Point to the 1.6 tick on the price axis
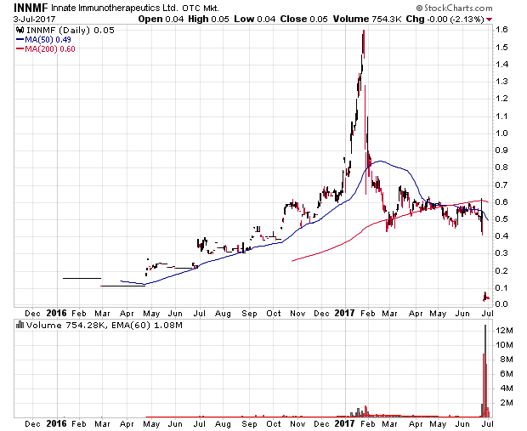502,30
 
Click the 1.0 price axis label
502,133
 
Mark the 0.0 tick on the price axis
502,303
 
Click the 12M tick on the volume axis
504,329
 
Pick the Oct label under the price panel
274,314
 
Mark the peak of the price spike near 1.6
363,31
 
